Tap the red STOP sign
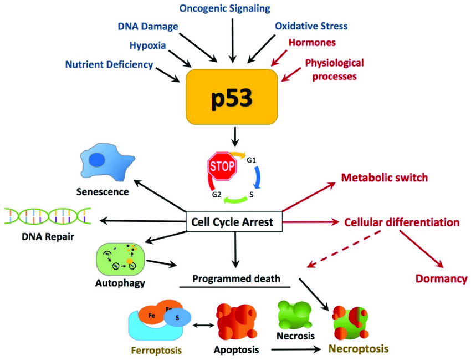[x=222, y=165]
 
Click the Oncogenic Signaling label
[x=233, y=8]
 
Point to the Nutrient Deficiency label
[x=109, y=65]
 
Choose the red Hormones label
[x=312, y=42]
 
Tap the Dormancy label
[x=441, y=278]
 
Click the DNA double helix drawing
[x=48, y=217]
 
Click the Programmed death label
[x=236, y=278]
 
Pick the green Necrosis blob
[x=295, y=315]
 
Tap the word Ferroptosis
[x=157, y=351]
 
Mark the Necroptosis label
[x=359, y=349]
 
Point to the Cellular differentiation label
[x=402, y=222]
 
